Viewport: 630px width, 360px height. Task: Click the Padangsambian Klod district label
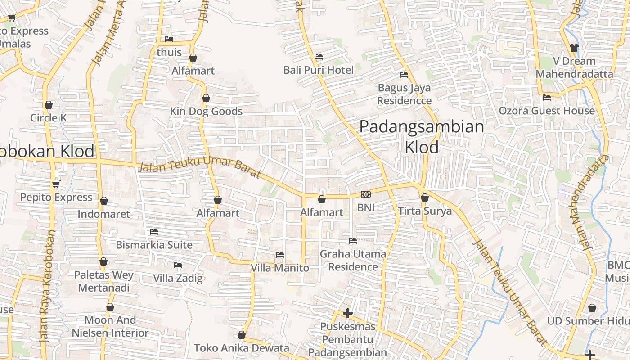coord(422,137)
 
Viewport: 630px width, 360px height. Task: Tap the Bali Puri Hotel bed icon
coord(319,57)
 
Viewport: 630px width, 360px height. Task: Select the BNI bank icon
coord(365,194)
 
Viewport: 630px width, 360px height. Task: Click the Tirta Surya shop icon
coord(424,198)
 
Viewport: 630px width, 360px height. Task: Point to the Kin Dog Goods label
coord(206,111)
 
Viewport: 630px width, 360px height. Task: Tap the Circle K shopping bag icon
coord(49,105)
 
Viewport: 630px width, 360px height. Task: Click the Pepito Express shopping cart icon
coord(56,184)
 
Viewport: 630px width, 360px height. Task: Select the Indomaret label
coord(103,214)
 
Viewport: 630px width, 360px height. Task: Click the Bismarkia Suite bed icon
coord(154,232)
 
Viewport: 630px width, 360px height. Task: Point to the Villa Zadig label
coord(178,278)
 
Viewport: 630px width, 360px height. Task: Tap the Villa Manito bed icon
coord(280,255)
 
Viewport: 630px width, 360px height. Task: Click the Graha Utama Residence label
coord(353,260)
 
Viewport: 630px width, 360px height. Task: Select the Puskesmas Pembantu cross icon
coord(347,313)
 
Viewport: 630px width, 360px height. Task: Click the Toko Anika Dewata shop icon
coord(242,335)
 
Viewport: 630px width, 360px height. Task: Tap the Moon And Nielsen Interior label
coord(110,327)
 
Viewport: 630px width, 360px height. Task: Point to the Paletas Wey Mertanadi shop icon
coord(103,261)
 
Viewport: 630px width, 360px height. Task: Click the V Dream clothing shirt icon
coord(574,47)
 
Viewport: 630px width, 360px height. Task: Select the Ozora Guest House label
coord(547,111)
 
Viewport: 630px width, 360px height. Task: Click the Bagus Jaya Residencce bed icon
coord(404,75)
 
